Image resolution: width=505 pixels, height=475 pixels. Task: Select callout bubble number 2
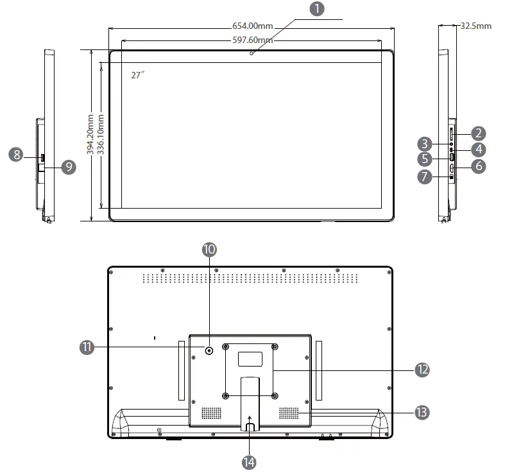coord(478,134)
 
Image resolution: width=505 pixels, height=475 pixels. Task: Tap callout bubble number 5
coord(425,158)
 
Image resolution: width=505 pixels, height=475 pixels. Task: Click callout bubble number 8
coord(17,154)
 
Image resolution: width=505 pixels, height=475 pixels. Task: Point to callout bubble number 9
coord(68,167)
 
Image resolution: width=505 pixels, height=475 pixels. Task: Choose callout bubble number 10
coord(209,249)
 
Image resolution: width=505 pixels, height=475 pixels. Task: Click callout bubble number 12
coord(422,370)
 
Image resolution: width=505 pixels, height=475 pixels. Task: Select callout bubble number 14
coord(250,461)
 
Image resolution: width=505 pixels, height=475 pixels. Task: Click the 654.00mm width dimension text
coord(252,26)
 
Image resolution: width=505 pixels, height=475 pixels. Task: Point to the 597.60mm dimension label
coord(252,40)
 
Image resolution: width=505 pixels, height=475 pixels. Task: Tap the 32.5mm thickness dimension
coord(476,26)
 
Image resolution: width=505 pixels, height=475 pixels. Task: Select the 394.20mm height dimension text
coord(90,134)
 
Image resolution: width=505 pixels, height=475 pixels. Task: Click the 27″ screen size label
coord(138,75)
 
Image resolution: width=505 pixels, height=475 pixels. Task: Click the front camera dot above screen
coord(252,53)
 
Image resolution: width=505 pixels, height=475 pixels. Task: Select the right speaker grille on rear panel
coord(289,411)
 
